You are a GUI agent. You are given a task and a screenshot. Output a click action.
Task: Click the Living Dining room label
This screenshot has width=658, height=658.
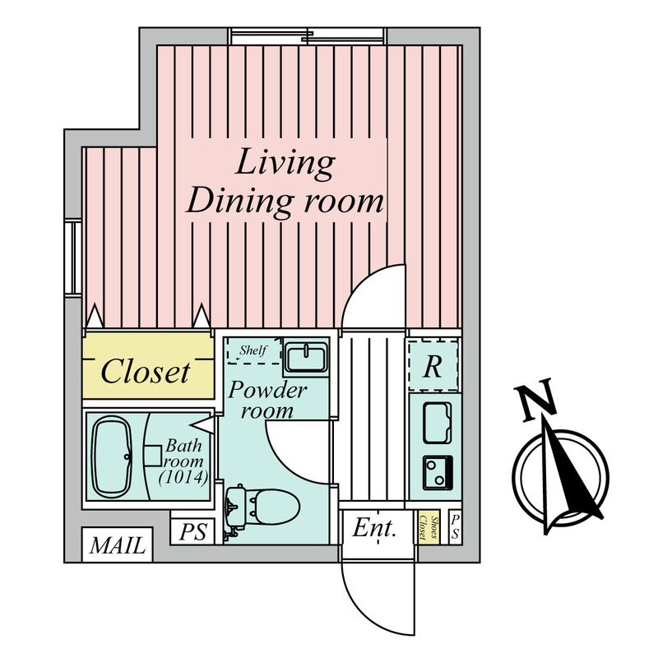[x=285, y=183]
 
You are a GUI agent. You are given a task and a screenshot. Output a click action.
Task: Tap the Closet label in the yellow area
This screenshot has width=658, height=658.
[x=146, y=372]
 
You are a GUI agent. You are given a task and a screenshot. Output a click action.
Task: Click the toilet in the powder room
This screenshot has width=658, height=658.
[x=262, y=507]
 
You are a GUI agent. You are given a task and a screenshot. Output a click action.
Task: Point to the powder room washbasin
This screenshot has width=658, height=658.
[x=306, y=358]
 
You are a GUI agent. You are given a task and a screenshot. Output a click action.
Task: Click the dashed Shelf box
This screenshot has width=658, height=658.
[x=253, y=350]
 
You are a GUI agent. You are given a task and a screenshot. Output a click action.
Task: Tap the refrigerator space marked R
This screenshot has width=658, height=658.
[x=433, y=366]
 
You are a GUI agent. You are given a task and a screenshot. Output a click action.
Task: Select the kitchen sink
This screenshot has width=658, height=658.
[x=438, y=423]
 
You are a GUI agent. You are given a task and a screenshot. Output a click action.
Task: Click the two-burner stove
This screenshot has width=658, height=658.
[x=438, y=472]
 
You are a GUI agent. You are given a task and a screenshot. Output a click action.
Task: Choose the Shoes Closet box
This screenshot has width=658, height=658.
[x=429, y=527]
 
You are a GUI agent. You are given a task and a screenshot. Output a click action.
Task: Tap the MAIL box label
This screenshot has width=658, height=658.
[x=118, y=545]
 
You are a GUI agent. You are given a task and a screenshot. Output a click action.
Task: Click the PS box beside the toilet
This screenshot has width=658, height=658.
[x=192, y=531]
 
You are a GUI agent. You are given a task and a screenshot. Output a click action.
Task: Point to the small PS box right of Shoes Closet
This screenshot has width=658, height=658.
[x=456, y=527]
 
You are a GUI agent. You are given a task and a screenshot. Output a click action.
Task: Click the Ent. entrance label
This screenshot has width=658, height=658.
[x=374, y=528]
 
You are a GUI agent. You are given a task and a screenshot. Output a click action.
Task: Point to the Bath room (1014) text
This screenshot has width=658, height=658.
[x=183, y=462]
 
